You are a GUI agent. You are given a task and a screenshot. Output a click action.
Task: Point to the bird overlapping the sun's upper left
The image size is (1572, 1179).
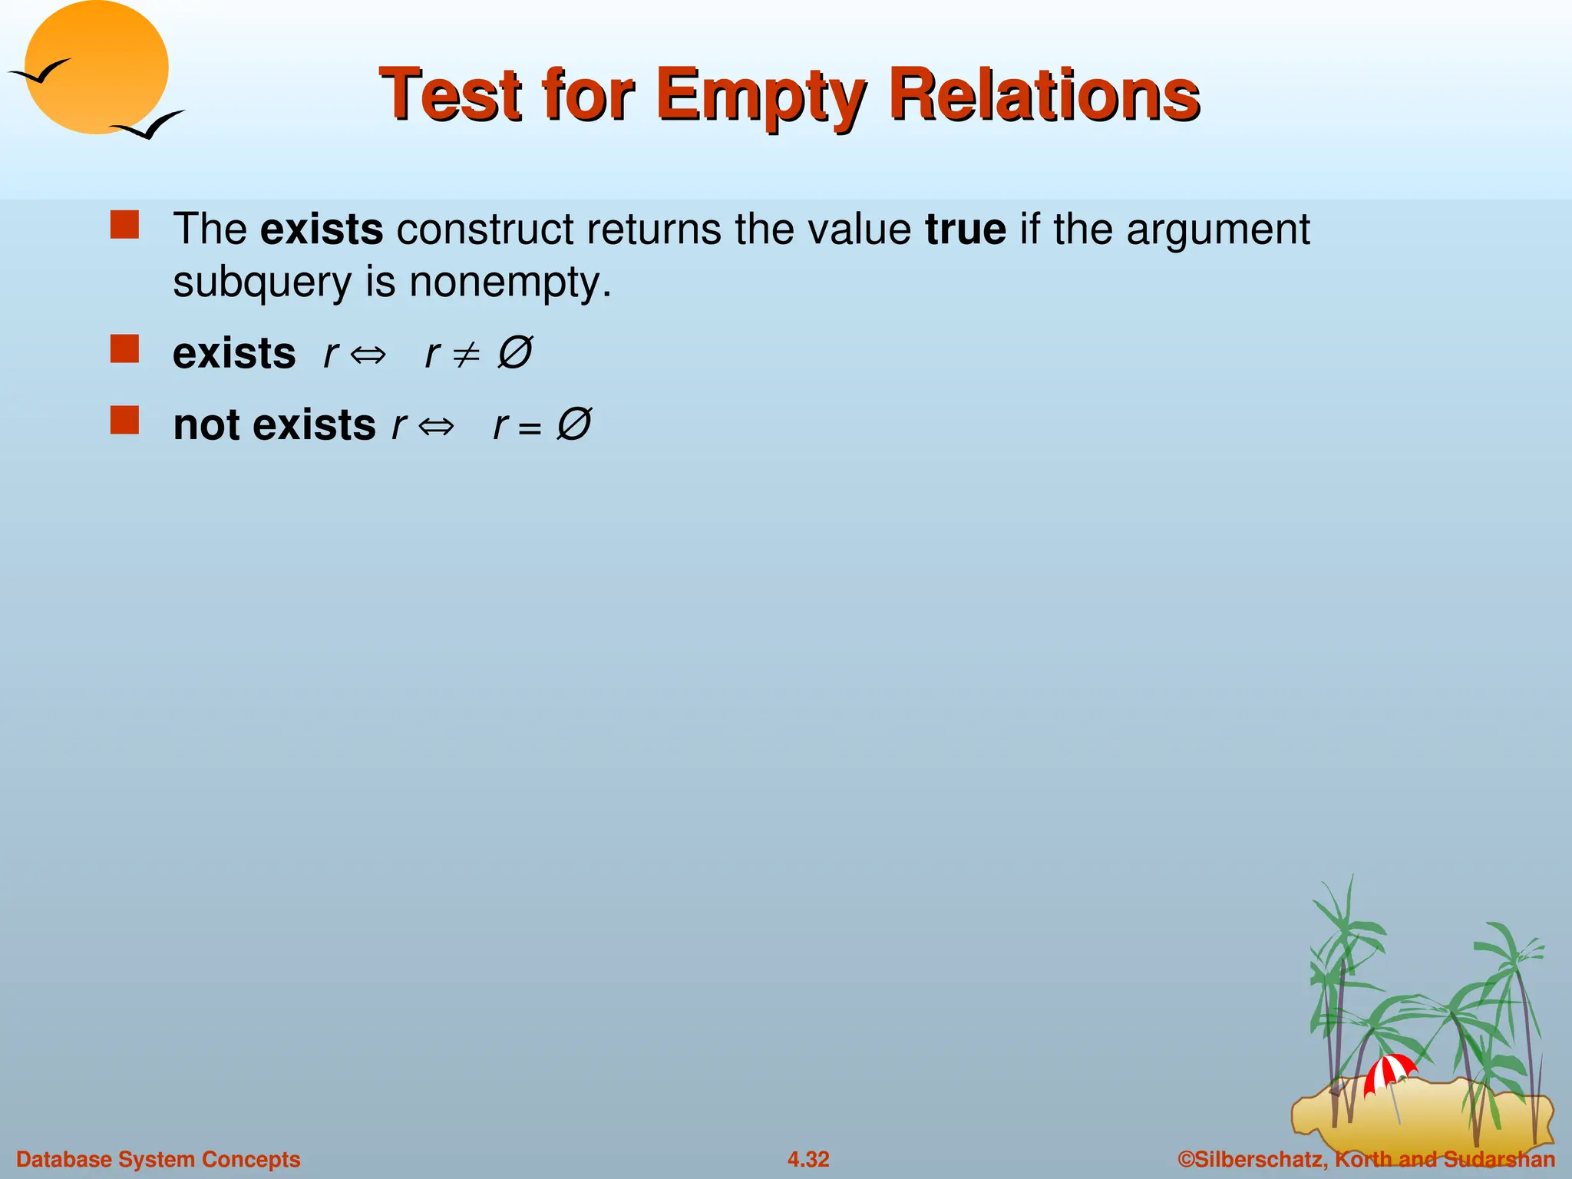click(40, 72)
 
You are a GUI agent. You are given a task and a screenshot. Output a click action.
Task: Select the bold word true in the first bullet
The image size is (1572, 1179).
click(965, 229)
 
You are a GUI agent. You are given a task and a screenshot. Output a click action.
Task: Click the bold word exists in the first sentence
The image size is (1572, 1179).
click(321, 229)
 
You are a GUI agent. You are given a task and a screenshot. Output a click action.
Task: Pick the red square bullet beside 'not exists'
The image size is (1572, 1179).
click(124, 421)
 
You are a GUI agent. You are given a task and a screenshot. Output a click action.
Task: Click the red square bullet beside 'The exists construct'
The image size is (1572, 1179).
click(124, 226)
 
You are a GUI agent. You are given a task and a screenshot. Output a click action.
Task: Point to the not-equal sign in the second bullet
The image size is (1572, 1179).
click(465, 354)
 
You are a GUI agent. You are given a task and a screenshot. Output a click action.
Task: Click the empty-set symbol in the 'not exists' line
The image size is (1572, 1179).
click(573, 424)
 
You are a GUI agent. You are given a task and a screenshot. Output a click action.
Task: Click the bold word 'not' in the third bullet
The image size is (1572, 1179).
click(206, 424)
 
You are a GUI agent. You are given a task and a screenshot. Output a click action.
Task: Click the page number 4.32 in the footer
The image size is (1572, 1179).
click(808, 1159)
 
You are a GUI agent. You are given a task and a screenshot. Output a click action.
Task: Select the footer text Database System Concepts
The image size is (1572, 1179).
click(158, 1159)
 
